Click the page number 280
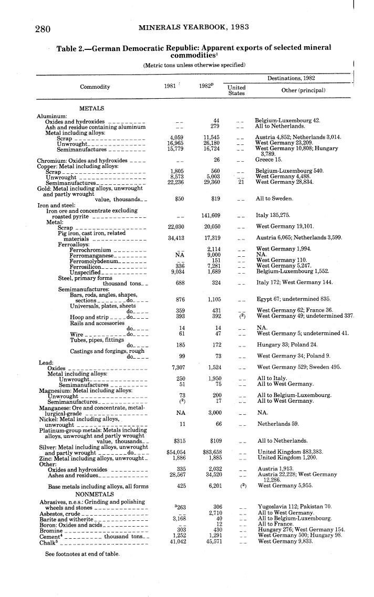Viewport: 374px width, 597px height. (43, 28)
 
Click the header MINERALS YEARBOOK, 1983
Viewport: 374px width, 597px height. (194, 27)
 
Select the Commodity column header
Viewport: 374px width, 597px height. (95, 87)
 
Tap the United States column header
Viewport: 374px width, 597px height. (237, 90)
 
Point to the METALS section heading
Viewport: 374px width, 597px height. (91, 108)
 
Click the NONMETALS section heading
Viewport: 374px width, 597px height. (94, 494)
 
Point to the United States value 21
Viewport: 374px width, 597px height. (241, 182)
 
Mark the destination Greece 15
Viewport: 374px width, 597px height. (269, 160)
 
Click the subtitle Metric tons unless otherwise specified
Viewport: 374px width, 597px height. (194, 65)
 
